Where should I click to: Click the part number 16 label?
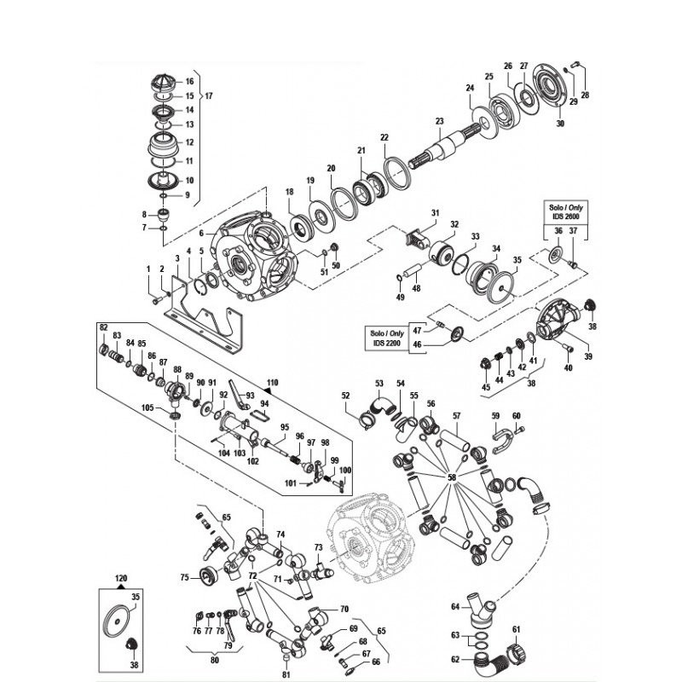pyautogui.click(x=189, y=82)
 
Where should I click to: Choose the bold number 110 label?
pyautogui.click(x=272, y=383)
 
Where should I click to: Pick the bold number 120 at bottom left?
pyautogui.click(x=120, y=577)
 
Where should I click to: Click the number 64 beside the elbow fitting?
pyautogui.click(x=455, y=607)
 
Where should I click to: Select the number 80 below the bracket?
pyautogui.click(x=214, y=660)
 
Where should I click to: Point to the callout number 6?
pyautogui.click(x=201, y=233)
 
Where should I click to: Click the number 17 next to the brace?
pyautogui.click(x=209, y=95)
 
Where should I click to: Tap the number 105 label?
pyautogui.click(x=147, y=408)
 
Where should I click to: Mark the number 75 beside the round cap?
pyautogui.click(x=184, y=578)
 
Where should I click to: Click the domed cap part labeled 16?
pyautogui.click(x=165, y=83)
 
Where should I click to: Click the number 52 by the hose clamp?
pyautogui.click(x=346, y=396)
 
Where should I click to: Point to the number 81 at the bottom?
pyautogui.click(x=286, y=674)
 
